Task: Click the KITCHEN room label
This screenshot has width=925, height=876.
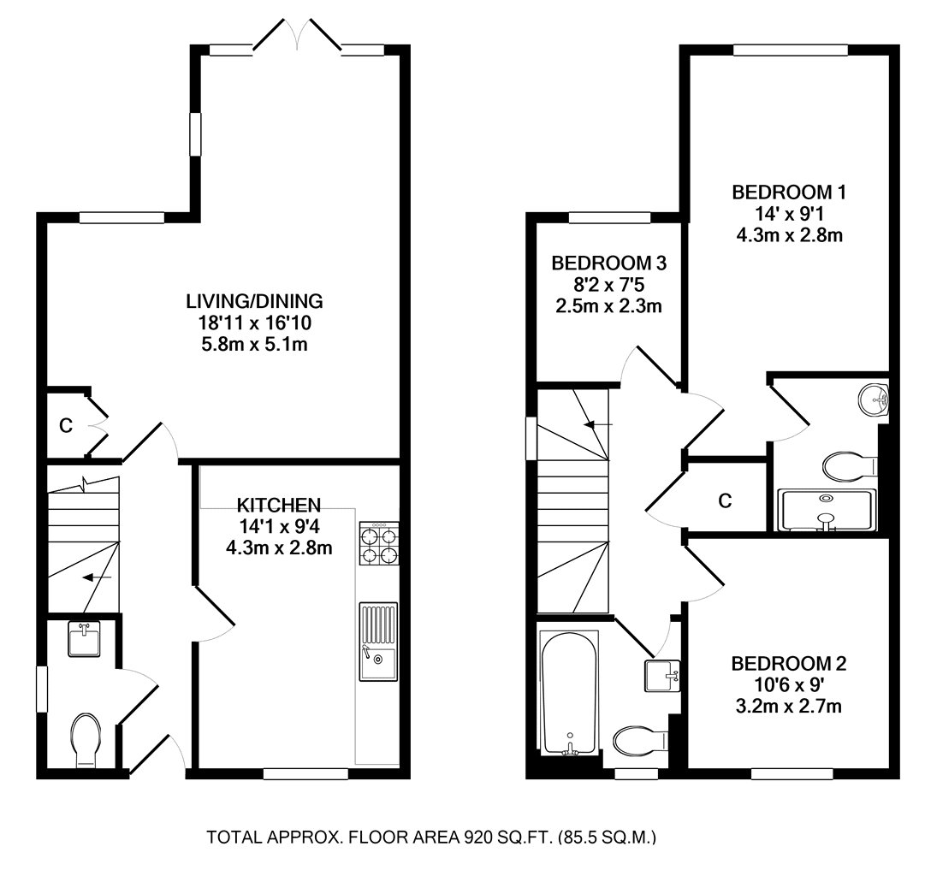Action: (x=278, y=505)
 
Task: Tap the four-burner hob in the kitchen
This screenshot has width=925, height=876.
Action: (x=378, y=543)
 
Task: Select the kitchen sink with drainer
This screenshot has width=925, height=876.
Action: (x=378, y=642)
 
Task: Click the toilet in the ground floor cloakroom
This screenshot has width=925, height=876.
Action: (x=86, y=740)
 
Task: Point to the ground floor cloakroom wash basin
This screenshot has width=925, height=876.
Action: (x=84, y=639)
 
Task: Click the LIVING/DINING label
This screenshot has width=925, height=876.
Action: (x=254, y=301)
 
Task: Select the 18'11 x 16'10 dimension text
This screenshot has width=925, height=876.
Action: (x=254, y=323)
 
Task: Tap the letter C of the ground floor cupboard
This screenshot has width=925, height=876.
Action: (x=66, y=425)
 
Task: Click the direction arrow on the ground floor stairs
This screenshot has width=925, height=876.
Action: (x=97, y=577)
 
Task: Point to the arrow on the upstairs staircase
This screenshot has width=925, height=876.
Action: (x=598, y=423)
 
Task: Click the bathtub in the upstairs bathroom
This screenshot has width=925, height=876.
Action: (x=569, y=693)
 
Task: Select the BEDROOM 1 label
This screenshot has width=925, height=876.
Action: (x=789, y=192)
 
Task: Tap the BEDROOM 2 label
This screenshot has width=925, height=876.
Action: (x=789, y=664)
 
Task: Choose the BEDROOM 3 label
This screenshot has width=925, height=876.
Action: (x=608, y=263)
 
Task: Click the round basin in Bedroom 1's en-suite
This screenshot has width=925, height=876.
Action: (x=874, y=400)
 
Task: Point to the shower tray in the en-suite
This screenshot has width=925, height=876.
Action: (x=827, y=510)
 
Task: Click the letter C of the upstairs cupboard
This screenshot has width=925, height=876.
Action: (x=725, y=500)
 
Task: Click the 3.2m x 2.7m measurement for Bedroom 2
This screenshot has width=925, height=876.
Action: (x=789, y=706)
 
